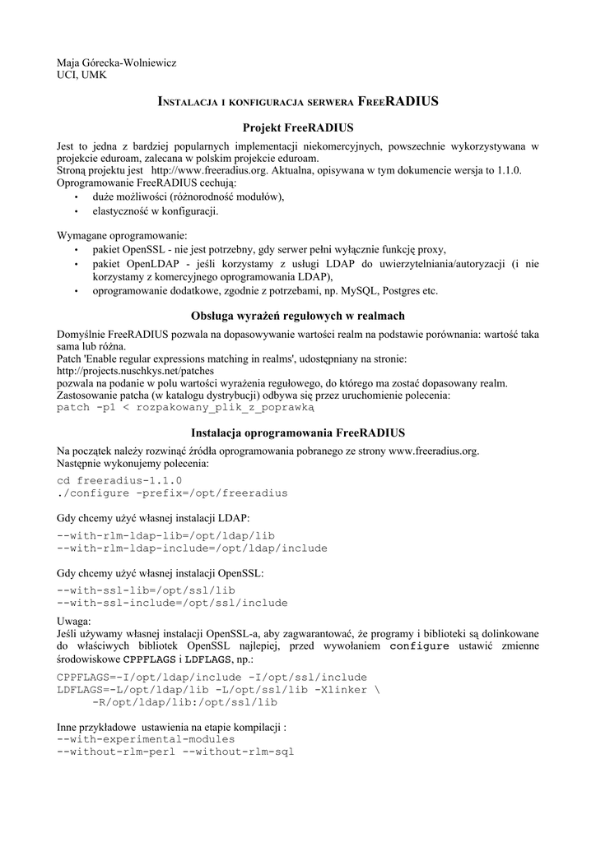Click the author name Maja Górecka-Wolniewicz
tap(116, 62)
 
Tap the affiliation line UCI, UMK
tap(81, 76)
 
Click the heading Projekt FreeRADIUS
tap(297, 128)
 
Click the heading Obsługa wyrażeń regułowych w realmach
tap(297, 316)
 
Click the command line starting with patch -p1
tap(185, 407)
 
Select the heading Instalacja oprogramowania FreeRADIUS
tap(297, 433)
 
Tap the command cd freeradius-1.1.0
tap(119, 480)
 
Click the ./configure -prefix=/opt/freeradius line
tap(172, 493)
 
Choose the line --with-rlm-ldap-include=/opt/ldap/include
tap(192, 548)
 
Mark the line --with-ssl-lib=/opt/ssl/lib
tap(146, 590)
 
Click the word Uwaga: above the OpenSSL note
tap(74, 621)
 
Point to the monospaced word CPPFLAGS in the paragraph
tap(148, 659)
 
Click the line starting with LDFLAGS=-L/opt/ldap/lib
tap(218, 689)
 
